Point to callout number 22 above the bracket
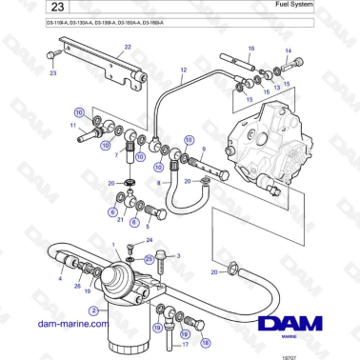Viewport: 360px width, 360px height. [127, 60]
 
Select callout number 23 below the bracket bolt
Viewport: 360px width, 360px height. [53, 71]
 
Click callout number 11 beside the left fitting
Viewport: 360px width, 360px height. [71, 125]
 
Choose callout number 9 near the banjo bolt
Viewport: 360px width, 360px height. [202, 150]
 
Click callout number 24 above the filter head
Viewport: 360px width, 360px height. [149, 240]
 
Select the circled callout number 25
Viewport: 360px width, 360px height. [149, 258]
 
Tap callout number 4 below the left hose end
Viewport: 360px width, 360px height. [61, 280]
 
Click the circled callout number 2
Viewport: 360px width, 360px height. [93, 310]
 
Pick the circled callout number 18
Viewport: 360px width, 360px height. [207, 341]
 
